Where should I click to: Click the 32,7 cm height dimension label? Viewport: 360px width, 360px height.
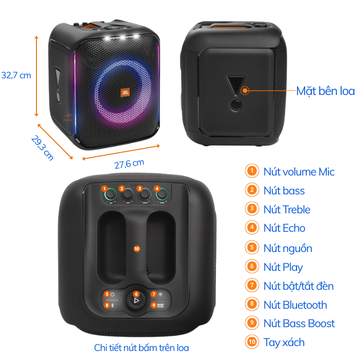pyautogui.click(x=16, y=75)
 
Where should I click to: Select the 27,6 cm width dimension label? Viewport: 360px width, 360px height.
pyautogui.click(x=129, y=164)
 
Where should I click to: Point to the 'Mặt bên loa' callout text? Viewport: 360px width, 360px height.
pyautogui.click(x=325, y=91)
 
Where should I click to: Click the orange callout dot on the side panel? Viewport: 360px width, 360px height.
pyautogui.click(x=245, y=90)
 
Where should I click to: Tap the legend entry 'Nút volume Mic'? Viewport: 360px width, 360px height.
pyautogui.click(x=299, y=171)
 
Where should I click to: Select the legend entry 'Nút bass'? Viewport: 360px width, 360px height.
pyautogui.click(x=284, y=190)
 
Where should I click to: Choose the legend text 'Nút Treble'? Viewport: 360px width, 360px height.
pyautogui.click(x=287, y=209)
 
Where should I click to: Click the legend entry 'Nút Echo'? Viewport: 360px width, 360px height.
pyautogui.click(x=284, y=228)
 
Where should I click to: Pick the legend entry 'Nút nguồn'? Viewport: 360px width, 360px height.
pyautogui.click(x=288, y=248)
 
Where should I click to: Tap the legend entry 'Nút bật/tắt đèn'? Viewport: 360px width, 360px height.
pyautogui.click(x=298, y=286)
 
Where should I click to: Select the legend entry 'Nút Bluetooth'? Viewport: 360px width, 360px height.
pyautogui.click(x=295, y=305)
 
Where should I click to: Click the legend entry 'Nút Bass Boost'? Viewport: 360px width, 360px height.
pyautogui.click(x=299, y=324)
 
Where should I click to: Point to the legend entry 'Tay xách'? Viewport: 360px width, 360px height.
pyautogui.click(x=284, y=342)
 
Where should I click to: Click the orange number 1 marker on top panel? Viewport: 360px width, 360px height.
pyautogui.click(x=104, y=189)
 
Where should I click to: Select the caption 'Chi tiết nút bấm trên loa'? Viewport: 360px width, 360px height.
pyautogui.click(x=141, y=348)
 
